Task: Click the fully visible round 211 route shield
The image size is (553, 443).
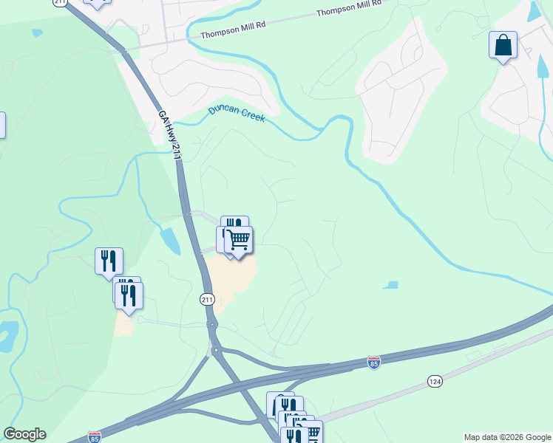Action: [207, 300]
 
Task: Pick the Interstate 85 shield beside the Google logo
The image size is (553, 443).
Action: [95, 436]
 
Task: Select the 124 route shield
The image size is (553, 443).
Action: [435, 381]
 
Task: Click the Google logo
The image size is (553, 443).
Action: [24, 434]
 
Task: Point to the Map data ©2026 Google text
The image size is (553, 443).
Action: [507, 437]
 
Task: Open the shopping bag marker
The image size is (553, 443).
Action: [503, 46]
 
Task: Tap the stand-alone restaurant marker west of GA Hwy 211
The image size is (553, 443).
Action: [109, 261]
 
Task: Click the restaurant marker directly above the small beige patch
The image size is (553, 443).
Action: [129, 296]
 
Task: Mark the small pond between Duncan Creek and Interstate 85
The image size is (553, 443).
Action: [390, 285]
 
